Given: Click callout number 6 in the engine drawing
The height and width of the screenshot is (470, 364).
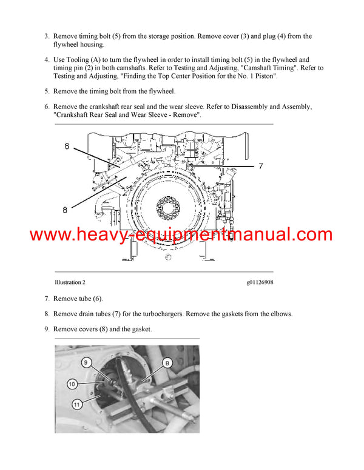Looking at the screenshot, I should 68,147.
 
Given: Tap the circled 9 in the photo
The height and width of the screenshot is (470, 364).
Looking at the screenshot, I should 87,363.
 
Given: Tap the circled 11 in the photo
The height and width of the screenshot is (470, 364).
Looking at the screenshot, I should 76,404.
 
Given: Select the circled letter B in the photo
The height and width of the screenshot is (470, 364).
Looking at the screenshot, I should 164,363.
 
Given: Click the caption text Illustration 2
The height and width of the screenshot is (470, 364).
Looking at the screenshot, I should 70,282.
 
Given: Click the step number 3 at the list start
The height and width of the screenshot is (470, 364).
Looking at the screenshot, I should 47,36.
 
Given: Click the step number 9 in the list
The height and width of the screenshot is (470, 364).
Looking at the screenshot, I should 47,329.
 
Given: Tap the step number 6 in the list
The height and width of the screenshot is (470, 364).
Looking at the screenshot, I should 47,107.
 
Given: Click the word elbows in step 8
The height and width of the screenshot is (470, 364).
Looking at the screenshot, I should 278,314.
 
